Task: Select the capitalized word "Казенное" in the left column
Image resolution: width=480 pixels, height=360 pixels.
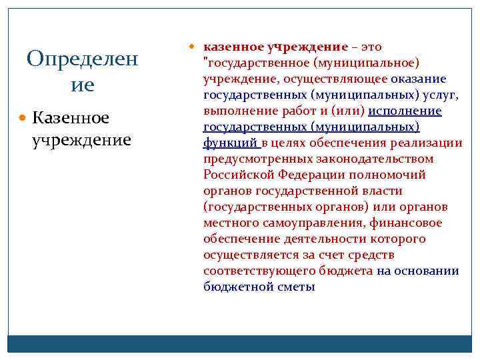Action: coord(71,118)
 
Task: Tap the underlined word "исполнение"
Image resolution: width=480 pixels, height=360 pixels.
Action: coord(405,111)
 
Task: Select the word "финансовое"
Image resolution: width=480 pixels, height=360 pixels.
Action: coord(408,223)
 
